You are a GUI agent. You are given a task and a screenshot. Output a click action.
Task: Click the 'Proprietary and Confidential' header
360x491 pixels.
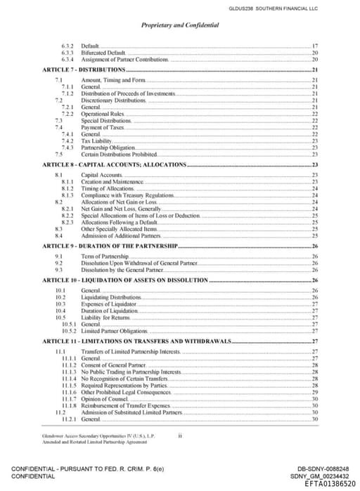[180, 25]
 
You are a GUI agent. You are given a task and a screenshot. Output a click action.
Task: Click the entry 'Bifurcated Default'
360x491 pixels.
[103, 53]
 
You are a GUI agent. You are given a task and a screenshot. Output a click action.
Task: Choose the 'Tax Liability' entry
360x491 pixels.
[97, 140]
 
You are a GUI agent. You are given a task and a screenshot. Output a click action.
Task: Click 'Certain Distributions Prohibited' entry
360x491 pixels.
[119, 154]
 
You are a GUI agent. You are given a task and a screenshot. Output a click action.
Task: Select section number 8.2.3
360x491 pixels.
[69, 222]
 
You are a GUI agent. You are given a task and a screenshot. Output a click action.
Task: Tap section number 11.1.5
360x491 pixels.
[69, 385]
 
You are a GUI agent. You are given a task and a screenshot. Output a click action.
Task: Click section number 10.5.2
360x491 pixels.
[69, 330]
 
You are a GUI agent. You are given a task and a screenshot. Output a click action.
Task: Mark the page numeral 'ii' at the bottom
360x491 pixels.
[180, 436]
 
